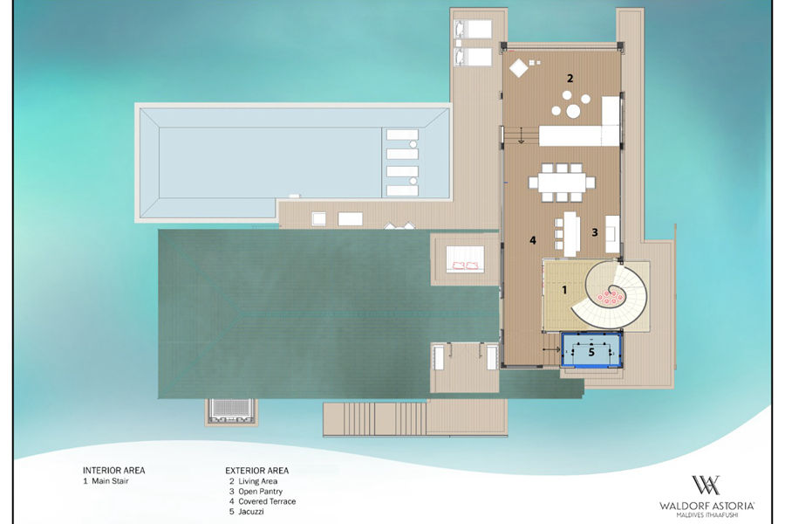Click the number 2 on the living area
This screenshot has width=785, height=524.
point(570,79)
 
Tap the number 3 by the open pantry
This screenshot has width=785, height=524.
point(595,232)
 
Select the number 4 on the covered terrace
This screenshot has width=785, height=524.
point(533,241)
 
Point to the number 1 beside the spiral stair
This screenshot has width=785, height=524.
point(564,290)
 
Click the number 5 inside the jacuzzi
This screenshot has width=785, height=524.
point(591,352)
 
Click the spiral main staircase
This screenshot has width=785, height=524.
point(611,295)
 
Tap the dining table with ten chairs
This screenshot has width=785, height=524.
point(562,183)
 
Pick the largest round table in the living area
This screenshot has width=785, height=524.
point(574,111)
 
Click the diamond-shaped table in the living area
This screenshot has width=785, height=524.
point(519,68)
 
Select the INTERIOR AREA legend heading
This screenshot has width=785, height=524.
point(113,471)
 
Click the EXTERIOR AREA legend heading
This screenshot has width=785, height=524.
point(256,471)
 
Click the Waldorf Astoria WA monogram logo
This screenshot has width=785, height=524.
point(706,486)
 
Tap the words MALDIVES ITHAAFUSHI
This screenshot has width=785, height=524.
point(706,515)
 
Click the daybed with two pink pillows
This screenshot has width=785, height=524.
point(465,259)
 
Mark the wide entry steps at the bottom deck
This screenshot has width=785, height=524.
point(374,418)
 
